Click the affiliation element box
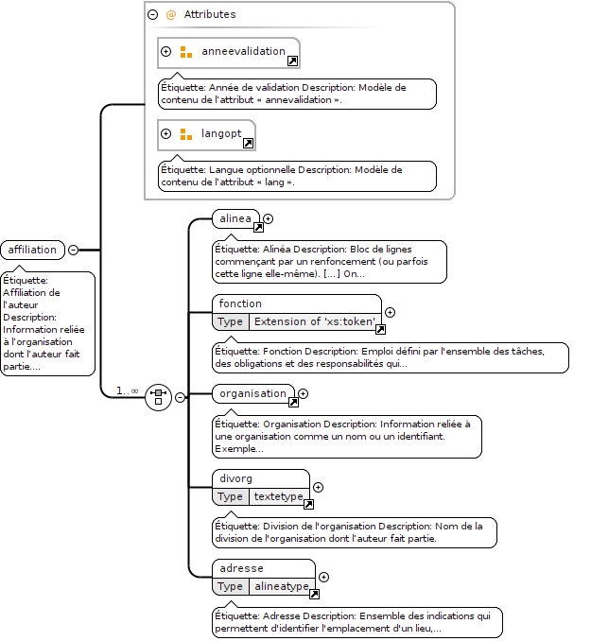click(x=33, y=250)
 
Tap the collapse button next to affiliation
click(x=73, y=250)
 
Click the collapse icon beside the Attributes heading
click(x=152, y=15)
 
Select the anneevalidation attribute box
click(x=229, y=53)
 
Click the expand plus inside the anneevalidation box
click(x=165, y=51)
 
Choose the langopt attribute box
click(x=206, y=135)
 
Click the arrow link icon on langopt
click(x=249, y=143)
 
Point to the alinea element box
click(x=236, y=218)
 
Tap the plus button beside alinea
click(x=268, y=218)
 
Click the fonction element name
click(x=240, y=303)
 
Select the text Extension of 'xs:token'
click(x=314, y=321)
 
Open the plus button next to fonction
click(x=391, y=312)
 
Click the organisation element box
click(x=253, y=393)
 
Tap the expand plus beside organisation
click(x=304, y=393)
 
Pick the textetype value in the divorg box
click(x=279, y=496)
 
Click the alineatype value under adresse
click(x=282, y=586)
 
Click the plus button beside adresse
click(x=323, y=577)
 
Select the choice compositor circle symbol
click(x=158, y=397)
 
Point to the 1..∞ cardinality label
click(x=128, y=390)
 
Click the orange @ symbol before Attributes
click(x=170, y=15)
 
